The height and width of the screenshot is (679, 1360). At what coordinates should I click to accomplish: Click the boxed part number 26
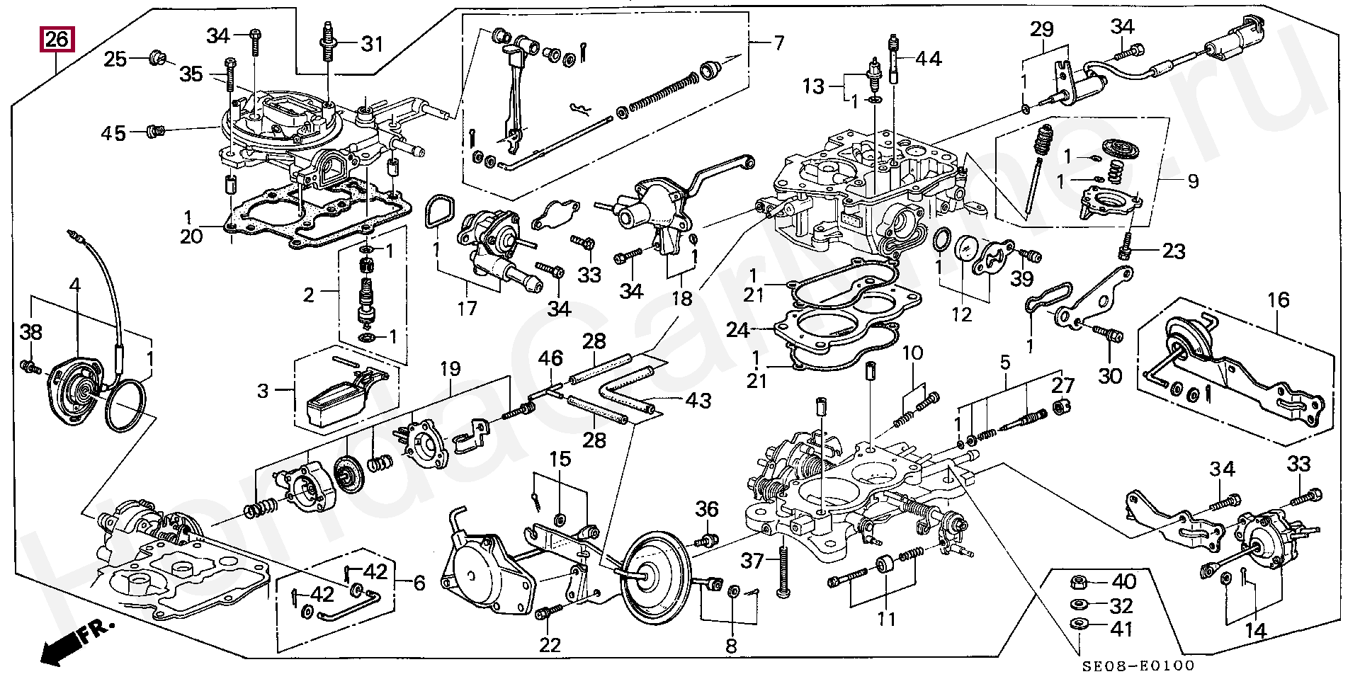(57, 40)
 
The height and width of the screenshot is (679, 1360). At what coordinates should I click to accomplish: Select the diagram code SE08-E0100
(1138, 666)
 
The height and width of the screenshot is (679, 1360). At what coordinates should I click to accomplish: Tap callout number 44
(929, 59)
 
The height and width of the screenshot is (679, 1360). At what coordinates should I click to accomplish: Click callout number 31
(372, 44)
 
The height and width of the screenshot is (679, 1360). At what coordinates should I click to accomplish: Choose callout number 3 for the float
(263, 390)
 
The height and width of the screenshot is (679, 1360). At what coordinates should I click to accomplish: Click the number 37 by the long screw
(752, 561)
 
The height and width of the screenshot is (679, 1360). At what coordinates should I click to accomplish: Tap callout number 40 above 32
(1123, 582)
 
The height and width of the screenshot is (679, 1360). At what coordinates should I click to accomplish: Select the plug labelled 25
(157, 57)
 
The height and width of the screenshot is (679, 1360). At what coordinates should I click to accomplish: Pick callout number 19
(449, 369)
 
